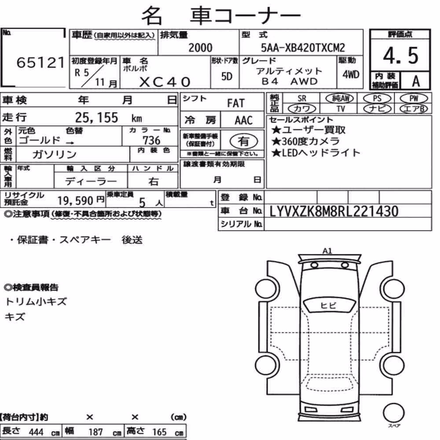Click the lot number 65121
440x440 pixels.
pyautogui.click(x=40, y=62)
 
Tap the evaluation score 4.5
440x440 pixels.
pyautogui.click(x=400, y=55)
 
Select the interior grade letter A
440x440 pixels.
pyautogui.click(x=416, y=81)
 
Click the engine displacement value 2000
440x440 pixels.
pyautogui.click(x=200, y=48)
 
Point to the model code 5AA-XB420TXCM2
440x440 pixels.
pyautogui.click(x=303, y=48)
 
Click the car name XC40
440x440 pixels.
pyautogui.click(x=165, y=82)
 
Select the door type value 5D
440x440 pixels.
pyautogui.click(x=227, y=76)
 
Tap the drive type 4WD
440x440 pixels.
pyautogui.click(x=351, y=74)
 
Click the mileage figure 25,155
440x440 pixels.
pyautogui.click(x=96, y=117)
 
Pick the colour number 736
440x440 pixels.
pyautogui.click(x=151, y=140)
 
